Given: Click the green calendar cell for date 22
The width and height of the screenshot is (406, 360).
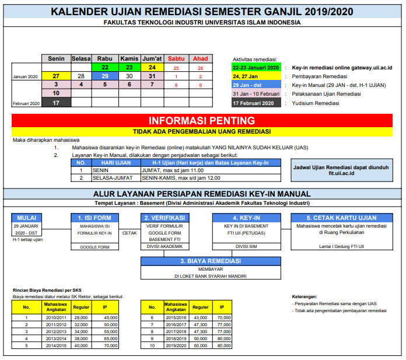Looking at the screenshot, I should pos(105,68).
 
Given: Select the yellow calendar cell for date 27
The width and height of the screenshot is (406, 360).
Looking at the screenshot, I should pos(55,76).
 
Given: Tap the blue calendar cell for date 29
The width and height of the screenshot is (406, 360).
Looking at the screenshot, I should pos(105,76).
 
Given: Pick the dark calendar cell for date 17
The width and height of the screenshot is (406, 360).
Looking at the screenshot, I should pos(55,103).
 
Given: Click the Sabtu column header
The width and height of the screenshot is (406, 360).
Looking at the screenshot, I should pos(176,59).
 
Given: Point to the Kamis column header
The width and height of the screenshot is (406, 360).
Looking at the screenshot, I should pos(129,59).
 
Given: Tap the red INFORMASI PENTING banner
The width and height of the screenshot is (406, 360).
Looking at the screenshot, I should pos(202,121).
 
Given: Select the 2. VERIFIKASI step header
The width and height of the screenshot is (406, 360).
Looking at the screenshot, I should pos(165,217).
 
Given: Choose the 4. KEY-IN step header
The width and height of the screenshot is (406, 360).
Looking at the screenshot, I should pos(246,217).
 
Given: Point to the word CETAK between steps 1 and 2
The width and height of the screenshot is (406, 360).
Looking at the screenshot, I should pos(129,232).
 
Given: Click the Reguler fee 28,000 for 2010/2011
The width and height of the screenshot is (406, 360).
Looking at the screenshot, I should pos(80,317).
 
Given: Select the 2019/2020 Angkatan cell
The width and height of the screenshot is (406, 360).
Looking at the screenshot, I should pos(175,345).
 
